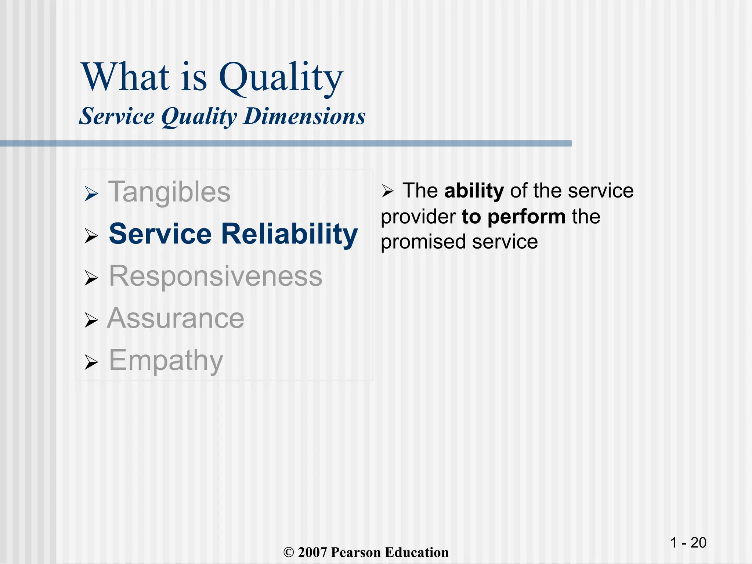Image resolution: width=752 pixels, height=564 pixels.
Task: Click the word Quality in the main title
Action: pos(281,78)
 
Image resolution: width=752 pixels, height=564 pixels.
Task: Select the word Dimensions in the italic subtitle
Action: pos(304,116)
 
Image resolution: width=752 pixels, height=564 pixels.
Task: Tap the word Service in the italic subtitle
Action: pos(117,116)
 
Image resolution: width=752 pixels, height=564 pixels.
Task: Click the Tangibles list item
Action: pos(169,192)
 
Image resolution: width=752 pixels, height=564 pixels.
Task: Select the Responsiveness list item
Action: pos(216,276)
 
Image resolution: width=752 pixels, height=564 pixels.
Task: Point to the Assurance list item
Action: pos(176,318)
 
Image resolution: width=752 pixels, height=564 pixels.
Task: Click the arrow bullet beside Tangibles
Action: pos(91,194)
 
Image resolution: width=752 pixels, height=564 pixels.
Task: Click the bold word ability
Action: pos(474,191)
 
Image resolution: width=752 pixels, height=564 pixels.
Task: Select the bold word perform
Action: pos(527,217)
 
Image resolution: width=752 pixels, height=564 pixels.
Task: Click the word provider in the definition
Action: pos(418,217)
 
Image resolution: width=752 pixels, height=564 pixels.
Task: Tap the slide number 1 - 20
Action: pos(688,543)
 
